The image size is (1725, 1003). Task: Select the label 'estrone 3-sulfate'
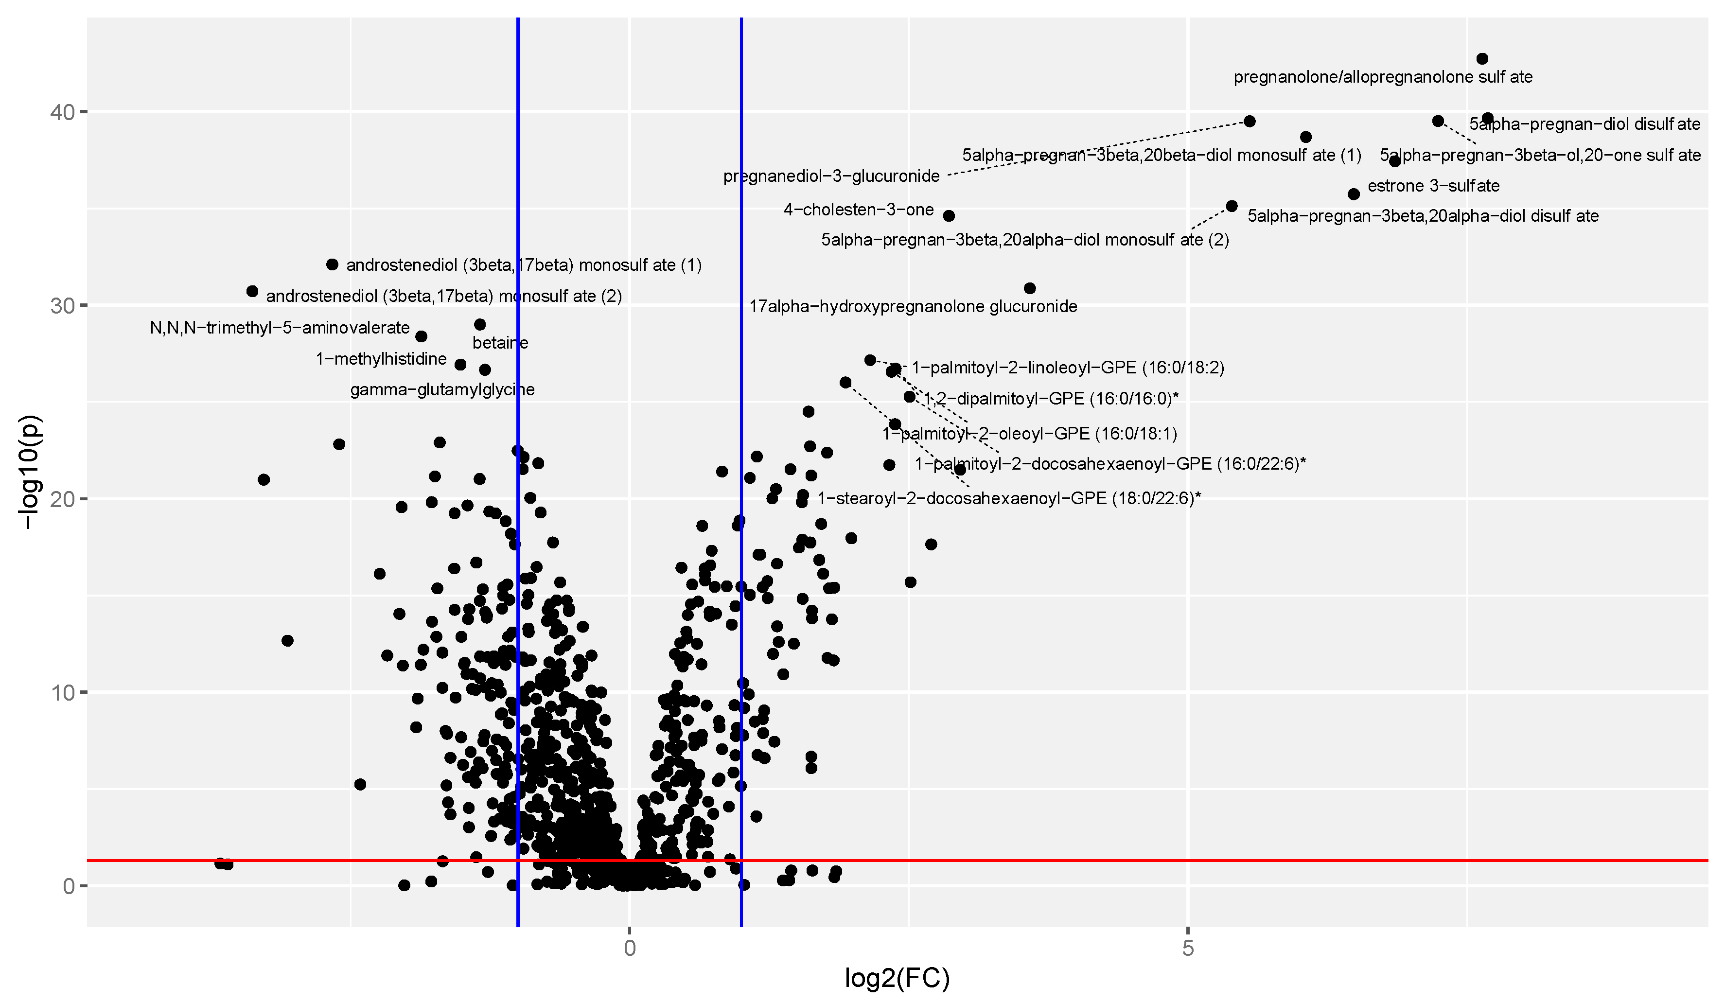[1433, 186]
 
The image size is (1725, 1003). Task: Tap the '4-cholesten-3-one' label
[859, 210]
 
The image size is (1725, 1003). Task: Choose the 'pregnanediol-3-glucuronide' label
[831, 176]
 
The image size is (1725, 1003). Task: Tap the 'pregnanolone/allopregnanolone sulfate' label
[1382, 77]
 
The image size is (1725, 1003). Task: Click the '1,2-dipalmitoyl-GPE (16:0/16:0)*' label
[1051, 399]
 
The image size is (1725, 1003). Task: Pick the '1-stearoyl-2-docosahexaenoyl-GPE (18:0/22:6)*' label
[1008, 498]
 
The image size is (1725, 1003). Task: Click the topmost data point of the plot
[1482, 59]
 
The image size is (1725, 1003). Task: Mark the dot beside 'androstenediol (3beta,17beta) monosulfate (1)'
[333, 265]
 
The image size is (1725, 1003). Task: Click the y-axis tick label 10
[62, 693]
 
